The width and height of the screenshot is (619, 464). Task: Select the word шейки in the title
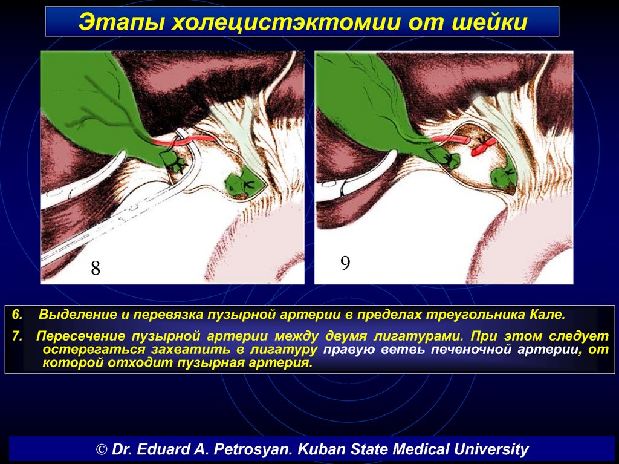click(488, 22)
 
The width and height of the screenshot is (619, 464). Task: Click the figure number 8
click(96, 268)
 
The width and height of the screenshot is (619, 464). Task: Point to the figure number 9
click(345, 263)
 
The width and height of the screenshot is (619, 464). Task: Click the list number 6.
click(18, 315)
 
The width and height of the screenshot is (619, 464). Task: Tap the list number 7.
click(18, 336)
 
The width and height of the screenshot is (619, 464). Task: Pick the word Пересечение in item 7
click(82, 336)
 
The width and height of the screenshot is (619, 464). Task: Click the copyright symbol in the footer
click(102, 449)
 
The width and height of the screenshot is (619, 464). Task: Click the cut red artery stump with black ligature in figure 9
click(482, 146)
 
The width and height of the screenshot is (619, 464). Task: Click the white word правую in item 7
click(348, 350)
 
